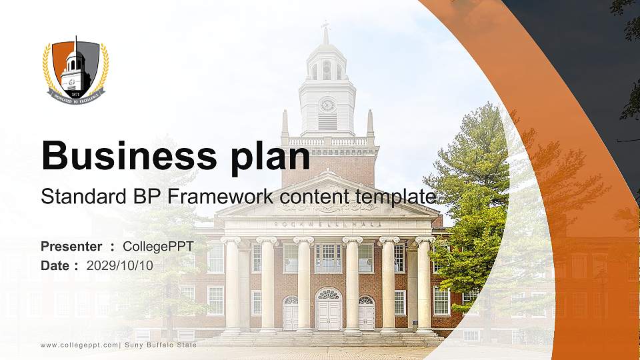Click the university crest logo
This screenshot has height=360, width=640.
pos(76,71)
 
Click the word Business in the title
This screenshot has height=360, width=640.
pos(122,157)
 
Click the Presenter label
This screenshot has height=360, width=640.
pos(71,247)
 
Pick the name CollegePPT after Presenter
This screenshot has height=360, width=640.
pos(158,247)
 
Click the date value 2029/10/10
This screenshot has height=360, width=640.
pos(120,265)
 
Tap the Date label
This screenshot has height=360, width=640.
pos(55,265)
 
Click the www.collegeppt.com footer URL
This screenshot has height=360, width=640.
pos(79,345)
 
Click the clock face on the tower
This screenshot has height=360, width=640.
pos(327,105)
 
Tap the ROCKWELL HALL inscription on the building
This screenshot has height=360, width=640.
pos(327,223)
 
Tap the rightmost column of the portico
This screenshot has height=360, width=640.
pos(424,284)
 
